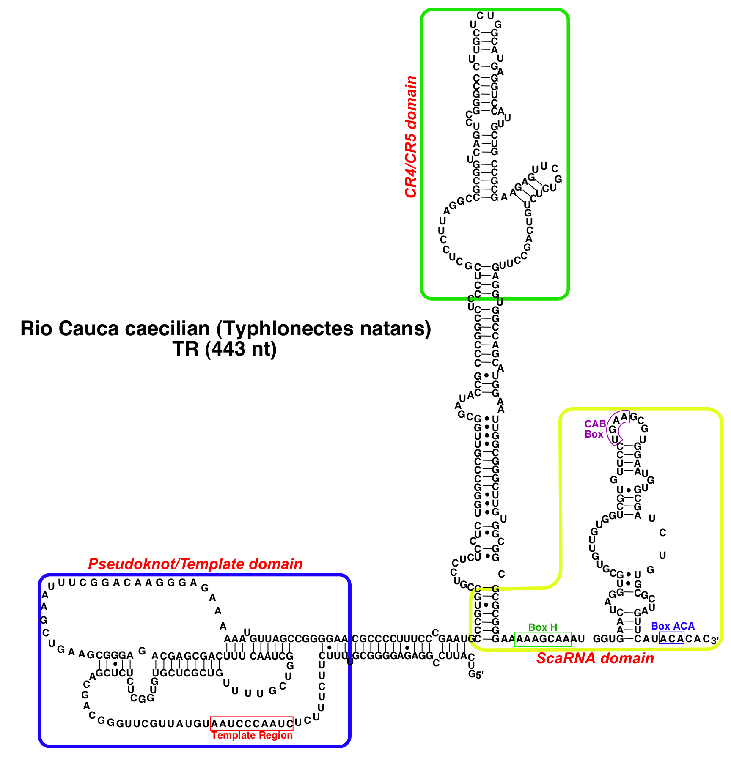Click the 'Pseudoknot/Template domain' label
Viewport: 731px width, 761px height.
pyautogui.click(x=195, y=564)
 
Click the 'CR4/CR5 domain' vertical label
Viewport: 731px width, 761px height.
pyautogui.click(x=411, y=137)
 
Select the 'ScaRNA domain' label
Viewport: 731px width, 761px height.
pyautogui.click(x=595, y=658)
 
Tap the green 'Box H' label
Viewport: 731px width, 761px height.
pyautogui.click(x=543, y=627)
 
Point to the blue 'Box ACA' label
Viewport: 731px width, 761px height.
pyautogui.click(x=673, y=626)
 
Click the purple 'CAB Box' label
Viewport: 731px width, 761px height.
pyautogui.click(x=595, y=429)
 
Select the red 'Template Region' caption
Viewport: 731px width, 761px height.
pyautogui.click(x=252, y=735)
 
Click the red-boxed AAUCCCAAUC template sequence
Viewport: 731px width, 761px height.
pyautogui.click(x=252, y=723)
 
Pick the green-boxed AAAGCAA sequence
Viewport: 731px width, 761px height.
pyautogui.click(x=543, y=639)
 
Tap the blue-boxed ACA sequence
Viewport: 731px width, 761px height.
pyautogui.click(x=671, y=639)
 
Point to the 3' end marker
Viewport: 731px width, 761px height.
pyautogui.click(x=715, y=641)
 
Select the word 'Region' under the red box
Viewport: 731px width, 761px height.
pyautogui.click(x=277, y=735)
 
